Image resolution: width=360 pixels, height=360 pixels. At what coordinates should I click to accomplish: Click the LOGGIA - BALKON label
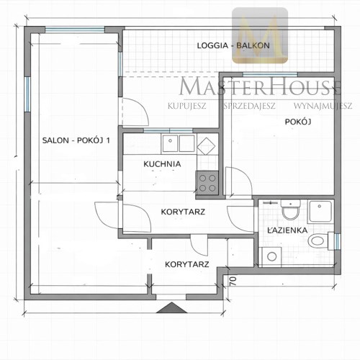coord(233,45)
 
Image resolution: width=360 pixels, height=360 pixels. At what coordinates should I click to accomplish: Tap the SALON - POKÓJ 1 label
coord(76,140)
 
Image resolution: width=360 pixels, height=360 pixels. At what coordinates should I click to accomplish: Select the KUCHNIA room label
coord(162,164)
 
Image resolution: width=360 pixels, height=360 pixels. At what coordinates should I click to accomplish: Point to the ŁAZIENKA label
coord(287,230)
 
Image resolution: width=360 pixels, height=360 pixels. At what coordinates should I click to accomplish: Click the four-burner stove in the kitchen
coord(207,183)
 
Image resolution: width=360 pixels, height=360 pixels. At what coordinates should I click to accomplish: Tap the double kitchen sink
coord(179,143)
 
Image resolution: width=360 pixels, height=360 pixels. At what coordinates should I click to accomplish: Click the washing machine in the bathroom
coord(271,257)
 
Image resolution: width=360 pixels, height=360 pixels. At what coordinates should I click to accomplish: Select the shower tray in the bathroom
coord(320,212)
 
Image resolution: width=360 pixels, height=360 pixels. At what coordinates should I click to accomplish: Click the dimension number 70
coord(233,281)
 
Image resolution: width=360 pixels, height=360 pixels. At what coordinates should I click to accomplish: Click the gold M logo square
coord(260,35)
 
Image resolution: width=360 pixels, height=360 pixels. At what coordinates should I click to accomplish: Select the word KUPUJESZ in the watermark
coord(187,106)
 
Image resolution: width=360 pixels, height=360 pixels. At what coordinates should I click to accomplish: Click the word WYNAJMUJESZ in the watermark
coord(323,106)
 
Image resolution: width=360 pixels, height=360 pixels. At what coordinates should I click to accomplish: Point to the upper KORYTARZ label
coord(183,212)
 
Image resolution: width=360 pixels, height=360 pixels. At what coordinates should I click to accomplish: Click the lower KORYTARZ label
coord(187,264)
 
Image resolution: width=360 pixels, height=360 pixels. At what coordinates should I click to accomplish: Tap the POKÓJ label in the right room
coord(298,122)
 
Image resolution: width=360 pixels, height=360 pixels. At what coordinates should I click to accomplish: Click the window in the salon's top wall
coord(75,30)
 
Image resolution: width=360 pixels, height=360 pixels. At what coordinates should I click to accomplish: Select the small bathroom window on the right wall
coord(338,241)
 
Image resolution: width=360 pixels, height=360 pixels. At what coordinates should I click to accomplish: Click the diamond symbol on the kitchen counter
coord(206,146)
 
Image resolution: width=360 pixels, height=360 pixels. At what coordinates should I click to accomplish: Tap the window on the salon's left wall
coord(28,94)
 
